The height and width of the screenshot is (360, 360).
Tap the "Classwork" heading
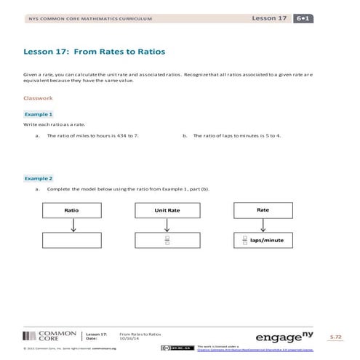tap(38, 97)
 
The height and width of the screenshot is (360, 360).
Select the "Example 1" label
tap(39, 114)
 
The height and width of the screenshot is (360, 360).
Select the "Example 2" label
tap(39, 178)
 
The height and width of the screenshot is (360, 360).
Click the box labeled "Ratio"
tap(71, 209)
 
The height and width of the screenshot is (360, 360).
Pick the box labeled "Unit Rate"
tap(167, 209)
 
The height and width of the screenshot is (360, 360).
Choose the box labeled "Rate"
tap(263, 209)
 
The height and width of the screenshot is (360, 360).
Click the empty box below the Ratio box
tap(71, 240)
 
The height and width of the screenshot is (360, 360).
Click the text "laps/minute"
tap(266, 240)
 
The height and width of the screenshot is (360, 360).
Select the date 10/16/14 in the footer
tap(128, 338)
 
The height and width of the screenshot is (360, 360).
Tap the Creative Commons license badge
tap(173, 348)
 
